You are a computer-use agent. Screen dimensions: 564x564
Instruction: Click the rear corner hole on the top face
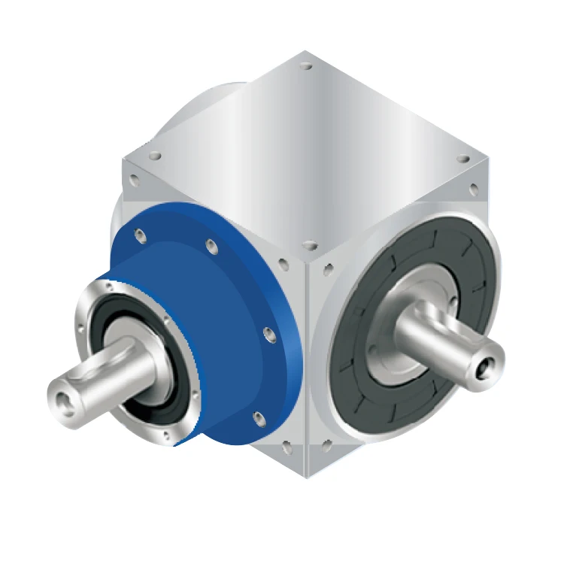pos(305,67)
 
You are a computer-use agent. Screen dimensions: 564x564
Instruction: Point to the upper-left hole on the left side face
pos(133,180)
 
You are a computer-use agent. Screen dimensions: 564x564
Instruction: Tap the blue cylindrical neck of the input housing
pos(218,338)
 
